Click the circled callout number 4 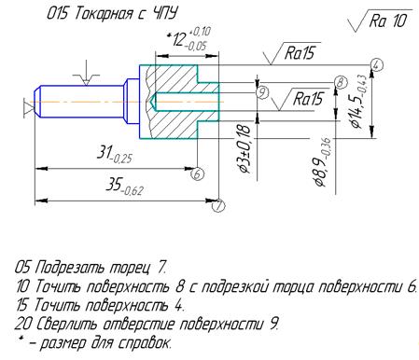376,65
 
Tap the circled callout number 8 341,82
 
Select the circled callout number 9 262,92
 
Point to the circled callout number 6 198,173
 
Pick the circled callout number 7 219,205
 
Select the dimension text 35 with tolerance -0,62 124,186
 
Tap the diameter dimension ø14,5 358,101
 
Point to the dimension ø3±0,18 244,148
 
